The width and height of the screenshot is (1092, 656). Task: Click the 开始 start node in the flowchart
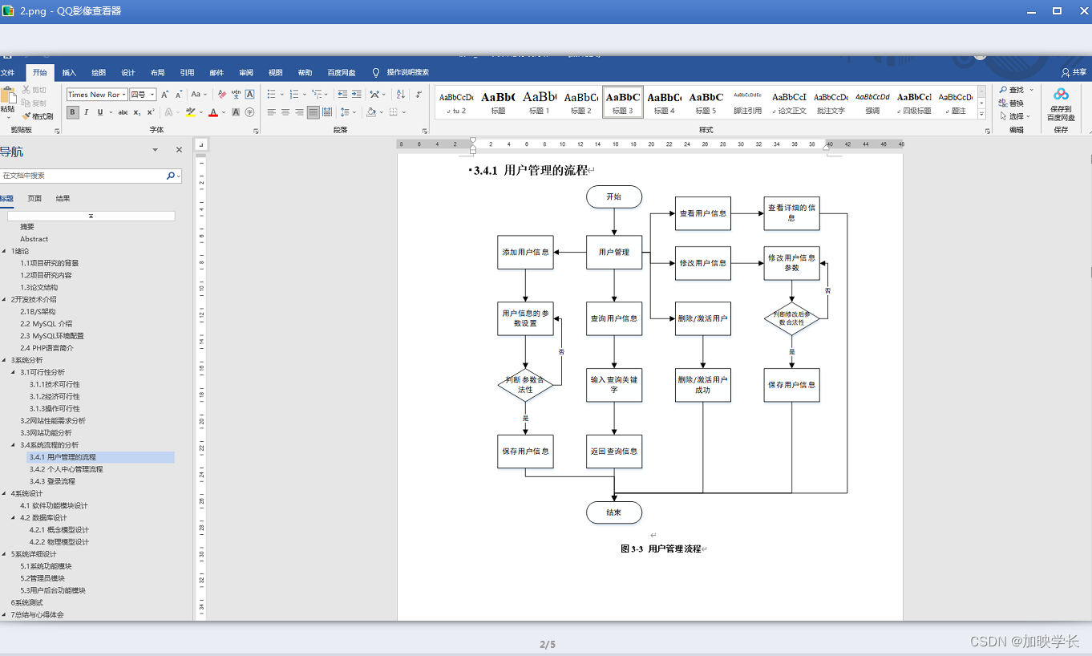(x=613, y=196)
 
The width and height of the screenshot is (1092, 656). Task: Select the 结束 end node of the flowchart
(x=613, y=512)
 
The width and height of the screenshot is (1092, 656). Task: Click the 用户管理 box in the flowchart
(x=614, y=252)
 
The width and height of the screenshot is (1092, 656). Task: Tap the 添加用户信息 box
(x=525, y=252)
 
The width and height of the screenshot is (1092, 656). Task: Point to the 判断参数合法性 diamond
(x=525, y=385)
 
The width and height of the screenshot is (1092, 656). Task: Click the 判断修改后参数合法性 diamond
(x=791, y=318)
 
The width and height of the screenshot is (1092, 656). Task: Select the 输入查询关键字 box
(x=614, y=385)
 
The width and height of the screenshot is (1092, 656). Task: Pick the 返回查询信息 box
(x=614, y=452)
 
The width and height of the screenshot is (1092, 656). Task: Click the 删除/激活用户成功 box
(x=702, y=385)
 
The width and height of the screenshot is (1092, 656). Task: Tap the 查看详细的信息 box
(x=791, y=213)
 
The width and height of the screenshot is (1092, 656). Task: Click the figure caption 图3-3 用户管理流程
(x=661, y=549)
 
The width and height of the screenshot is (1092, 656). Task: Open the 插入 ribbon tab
(x=69, y=72)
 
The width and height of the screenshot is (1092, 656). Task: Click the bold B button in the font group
(x=72, y=112)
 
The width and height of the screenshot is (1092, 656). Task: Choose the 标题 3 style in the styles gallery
(x=623, y=102)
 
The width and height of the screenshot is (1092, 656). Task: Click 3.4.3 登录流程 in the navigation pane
(x=52, y=481)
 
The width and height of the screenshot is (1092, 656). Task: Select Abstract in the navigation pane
(x=34, y=239)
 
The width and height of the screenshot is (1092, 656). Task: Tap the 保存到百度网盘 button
(x=1061, y=104)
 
